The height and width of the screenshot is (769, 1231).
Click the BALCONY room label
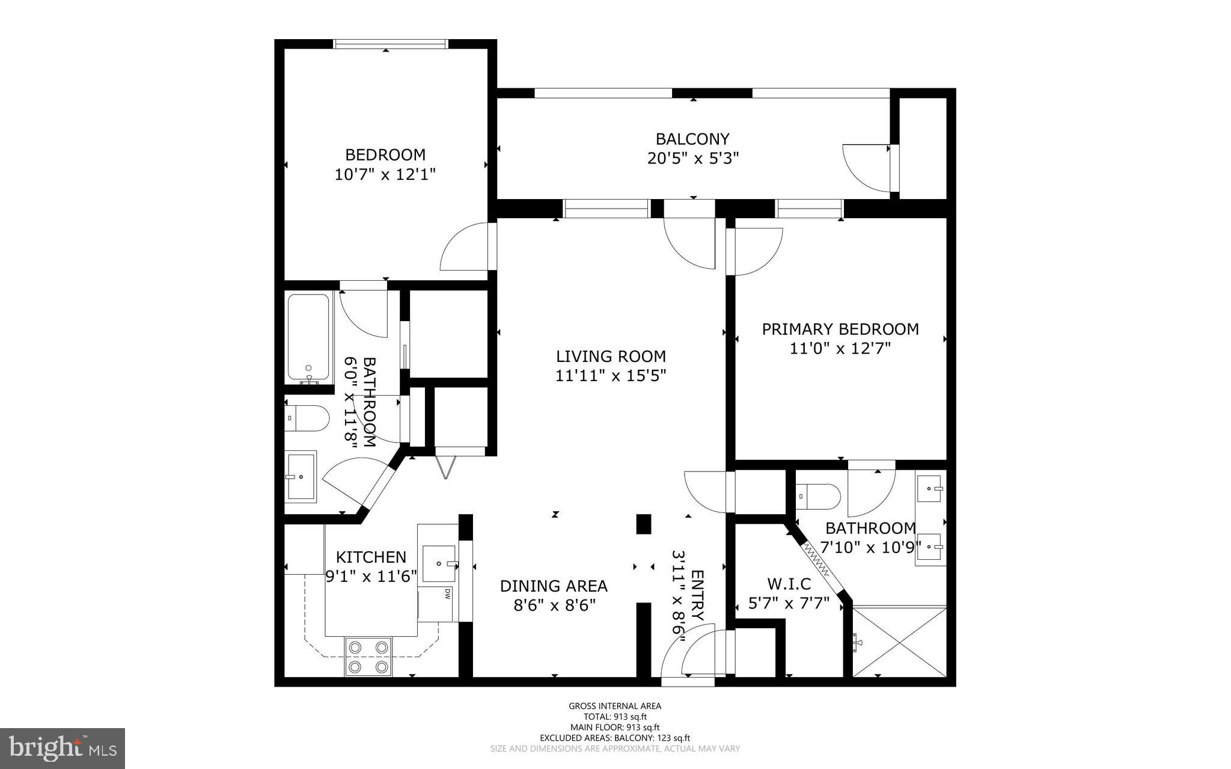click(x=692, y=139)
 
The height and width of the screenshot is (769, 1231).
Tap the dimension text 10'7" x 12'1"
click(x=385, y=174)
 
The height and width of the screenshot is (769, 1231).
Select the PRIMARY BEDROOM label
click(x=840, y=329)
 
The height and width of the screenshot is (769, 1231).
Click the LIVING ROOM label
click(x=611, y=356)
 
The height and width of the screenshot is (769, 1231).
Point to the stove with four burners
click(x=368, y=657)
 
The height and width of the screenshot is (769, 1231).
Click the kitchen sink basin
click(x=439, y=563)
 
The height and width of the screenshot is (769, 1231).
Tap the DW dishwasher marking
click(x=447, y=594)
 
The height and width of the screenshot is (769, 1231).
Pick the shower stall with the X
click(x=899, y=641)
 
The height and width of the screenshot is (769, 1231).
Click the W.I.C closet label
click(x=789, y=584)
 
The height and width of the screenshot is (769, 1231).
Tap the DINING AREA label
click(x=554, y=586)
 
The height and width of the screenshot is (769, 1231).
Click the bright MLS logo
click(x=62, y=748)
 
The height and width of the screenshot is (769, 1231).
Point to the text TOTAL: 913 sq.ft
click(x=615, y=717)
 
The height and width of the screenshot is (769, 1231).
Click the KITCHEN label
click(x=370, y=557)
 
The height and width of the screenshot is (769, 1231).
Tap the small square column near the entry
click(x=643, y=524)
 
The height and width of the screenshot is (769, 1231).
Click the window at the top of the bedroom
click(x=391, y=43)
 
